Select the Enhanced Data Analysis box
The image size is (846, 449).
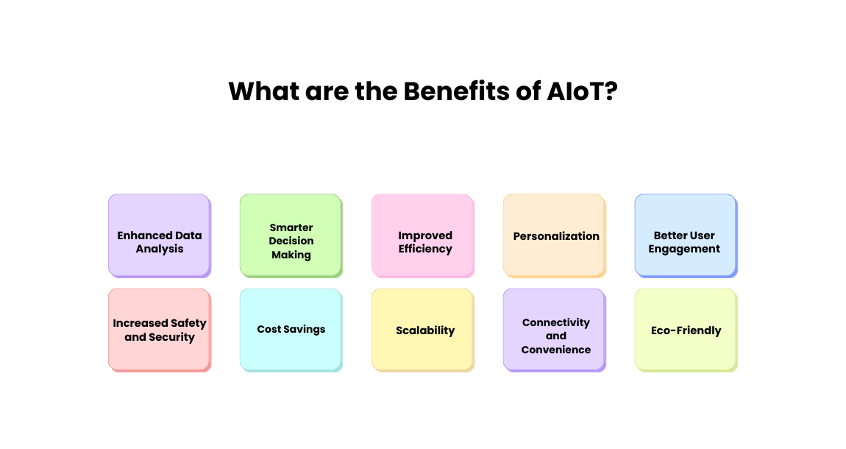[x=159, y=236]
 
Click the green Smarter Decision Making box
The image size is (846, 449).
[x=291, y=236]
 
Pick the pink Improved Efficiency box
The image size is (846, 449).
[x=422, y=236]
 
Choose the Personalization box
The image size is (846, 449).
[x=554, y=236]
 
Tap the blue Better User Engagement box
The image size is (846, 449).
[x=685, y=236]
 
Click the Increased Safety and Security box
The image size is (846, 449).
[x=159, y=329]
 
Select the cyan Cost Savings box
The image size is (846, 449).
[x=291, y=329]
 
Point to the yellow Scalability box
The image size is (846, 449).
[x=422, y=329]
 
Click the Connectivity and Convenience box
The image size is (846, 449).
[x=554, y=329]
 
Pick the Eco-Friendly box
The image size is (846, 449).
[x=685, y=329]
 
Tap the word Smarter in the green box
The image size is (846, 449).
[x=291, y=227]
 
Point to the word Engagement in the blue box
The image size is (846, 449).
[x=684, y=249]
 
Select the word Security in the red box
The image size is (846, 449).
[x=172, y=337]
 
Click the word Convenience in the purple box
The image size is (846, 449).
[x=556, y=350]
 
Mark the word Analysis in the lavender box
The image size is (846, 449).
[x=160, y=249]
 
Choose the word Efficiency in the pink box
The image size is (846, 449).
[x=425, y=249]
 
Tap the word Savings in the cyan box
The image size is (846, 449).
[x=306, y=329]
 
